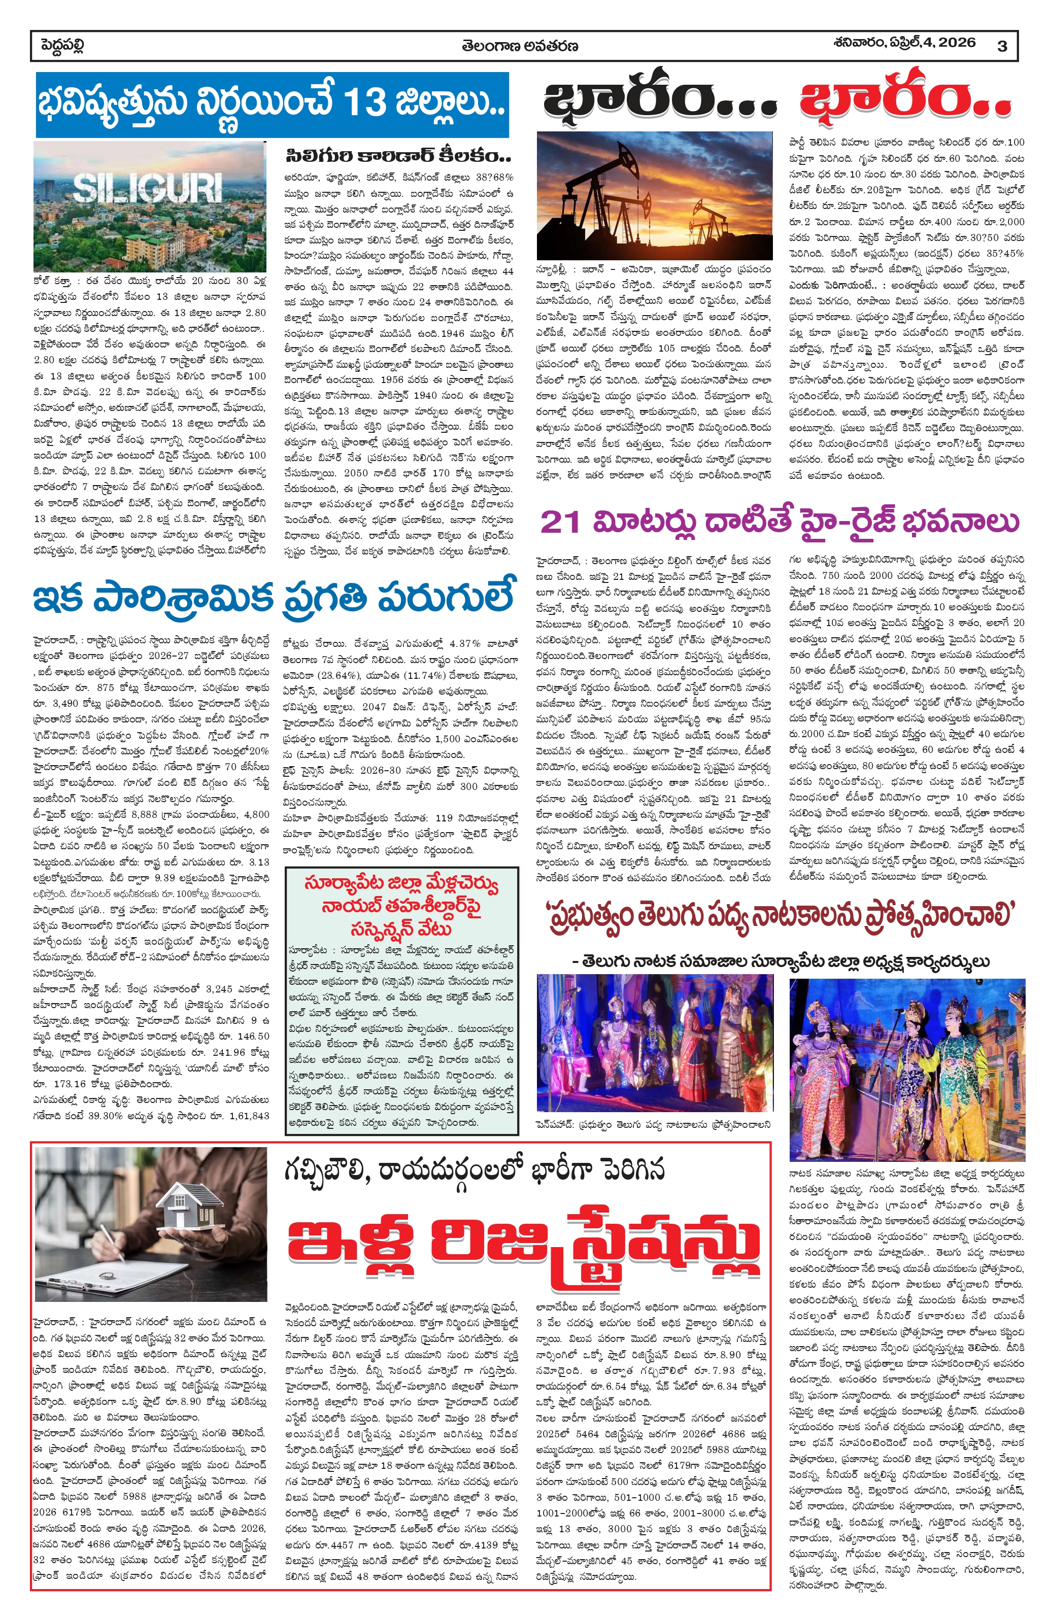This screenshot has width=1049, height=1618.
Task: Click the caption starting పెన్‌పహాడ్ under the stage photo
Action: pyautogui.click(x=653, y=1125)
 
